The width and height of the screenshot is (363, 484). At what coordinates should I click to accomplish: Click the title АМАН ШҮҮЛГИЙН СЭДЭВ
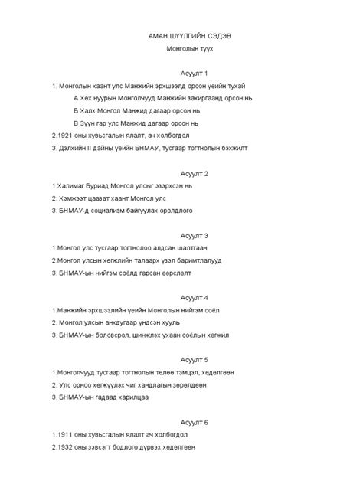click(x=181, y=35)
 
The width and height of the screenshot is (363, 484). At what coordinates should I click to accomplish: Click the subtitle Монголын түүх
click(x=181, y=48)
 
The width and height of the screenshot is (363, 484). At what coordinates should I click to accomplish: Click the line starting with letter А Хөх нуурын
click(x=138, y=98)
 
